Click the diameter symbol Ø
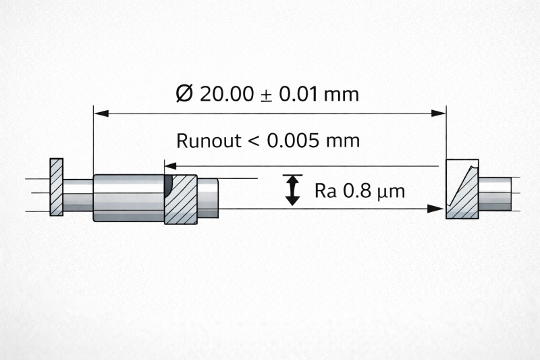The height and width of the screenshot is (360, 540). pyautogui.click(x=184, y=94)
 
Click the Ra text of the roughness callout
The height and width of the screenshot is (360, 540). pyautogui.click(x=327, y=191)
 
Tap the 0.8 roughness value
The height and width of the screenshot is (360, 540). pyautogui.click(x=358, y=191)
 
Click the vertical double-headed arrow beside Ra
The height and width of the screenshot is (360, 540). pyautogui.click(x=292, y=190)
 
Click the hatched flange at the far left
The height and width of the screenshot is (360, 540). pyautogui.click(x=57, y=187)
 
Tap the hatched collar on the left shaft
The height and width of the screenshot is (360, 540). pyautogui.click(x=181, y=199)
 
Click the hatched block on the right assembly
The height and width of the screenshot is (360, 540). pyautogui.click(x=462, y=189)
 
